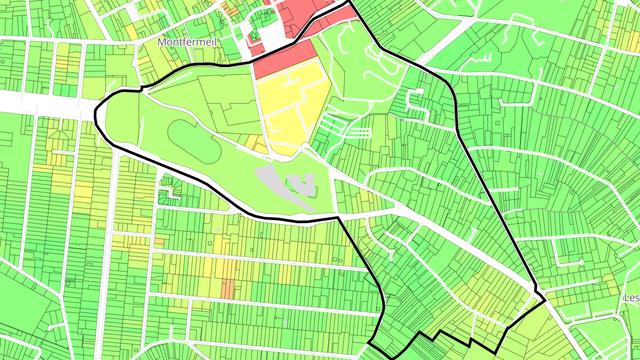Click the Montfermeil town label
[186, 42]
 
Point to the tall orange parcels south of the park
[227, 288]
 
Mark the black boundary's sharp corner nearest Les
[545, 301]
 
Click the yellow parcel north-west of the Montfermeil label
[131, 31]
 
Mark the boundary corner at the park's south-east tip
[338, 217]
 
